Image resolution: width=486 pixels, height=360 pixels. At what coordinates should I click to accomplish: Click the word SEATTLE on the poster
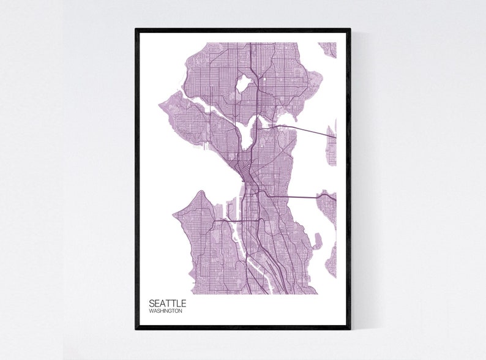(x=167, y=303)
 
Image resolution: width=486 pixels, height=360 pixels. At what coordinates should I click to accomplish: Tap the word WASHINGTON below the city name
(x=165, y=311)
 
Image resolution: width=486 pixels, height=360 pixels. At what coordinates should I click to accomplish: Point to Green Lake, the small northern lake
(x=243, y=83)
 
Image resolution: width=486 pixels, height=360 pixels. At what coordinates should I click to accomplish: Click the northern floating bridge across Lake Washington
(x=300, y=130)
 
